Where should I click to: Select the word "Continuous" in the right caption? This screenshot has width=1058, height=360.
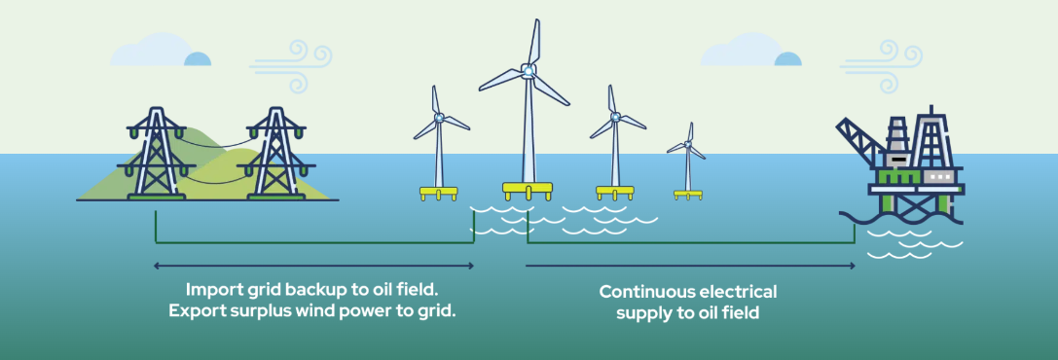647,292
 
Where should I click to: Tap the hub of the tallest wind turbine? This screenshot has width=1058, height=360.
528,70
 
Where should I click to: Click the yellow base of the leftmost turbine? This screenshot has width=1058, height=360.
438,192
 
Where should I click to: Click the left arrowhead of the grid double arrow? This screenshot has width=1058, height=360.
157,265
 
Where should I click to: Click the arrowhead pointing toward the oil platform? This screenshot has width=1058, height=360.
852,265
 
